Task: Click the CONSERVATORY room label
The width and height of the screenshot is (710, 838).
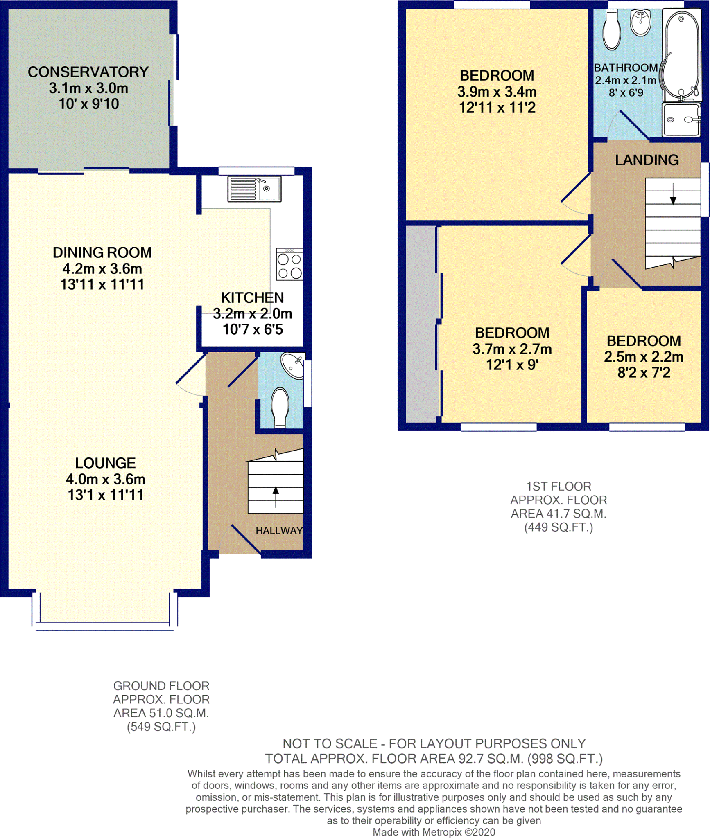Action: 88,72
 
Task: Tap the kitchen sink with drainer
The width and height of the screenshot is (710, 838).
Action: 254,189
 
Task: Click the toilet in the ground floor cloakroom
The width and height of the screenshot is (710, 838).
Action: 280,407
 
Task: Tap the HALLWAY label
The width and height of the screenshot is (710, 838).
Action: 279,531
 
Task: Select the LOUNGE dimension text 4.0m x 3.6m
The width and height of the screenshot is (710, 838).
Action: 106,479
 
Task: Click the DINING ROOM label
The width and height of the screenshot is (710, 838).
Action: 102,252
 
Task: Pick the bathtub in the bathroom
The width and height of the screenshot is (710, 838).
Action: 681,55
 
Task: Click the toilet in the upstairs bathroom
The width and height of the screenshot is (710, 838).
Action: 611,31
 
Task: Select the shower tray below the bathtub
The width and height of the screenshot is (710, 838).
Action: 681,119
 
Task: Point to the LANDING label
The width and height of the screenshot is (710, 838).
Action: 647,160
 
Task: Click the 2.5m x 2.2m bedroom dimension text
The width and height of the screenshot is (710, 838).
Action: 643,357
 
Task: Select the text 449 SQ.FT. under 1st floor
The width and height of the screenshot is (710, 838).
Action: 558,527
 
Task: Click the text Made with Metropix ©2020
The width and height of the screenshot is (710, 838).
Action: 433,832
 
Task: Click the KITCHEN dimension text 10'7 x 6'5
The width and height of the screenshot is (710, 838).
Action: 252,329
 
